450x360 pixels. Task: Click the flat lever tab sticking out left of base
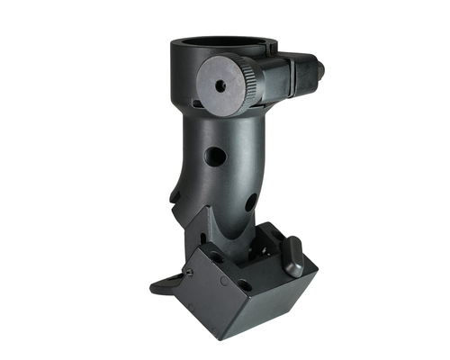(x=162, y=287)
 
